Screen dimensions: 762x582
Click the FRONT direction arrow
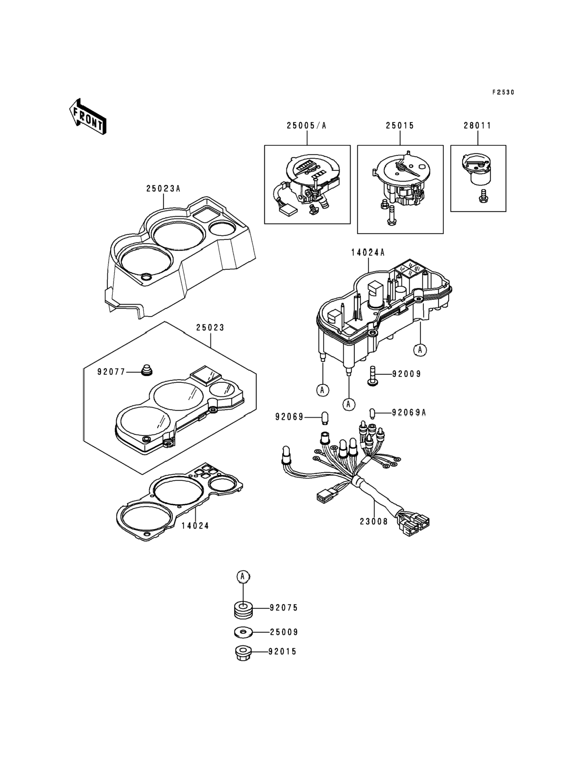pyautogui.click(x=88, y=117)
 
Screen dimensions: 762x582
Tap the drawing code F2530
pyautogui.click(x=503, y=93)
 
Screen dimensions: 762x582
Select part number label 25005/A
pyautogui.click(x=306, y=126)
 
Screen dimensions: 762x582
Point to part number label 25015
pyautogui.click(x=400, y=126)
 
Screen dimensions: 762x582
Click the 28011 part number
pyautogui.click(x=477, y=126)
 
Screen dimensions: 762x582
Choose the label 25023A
pyautogui.click(x=163, y=189)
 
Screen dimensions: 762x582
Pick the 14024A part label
pyautogui.click(x=368, y=253)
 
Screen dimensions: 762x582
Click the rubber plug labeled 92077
pyautogui.click(x=147, y=370)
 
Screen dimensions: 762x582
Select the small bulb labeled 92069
pyautogui.click(x=325, y=418)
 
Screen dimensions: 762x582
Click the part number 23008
pyautogui.click(x=374, y=531)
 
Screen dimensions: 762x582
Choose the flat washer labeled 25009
pyautogui.click(x=243, y=632)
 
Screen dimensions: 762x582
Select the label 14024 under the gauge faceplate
pyautogui.click(x=195, y=526)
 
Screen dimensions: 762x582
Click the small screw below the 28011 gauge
pyautogui.click(x=482, y=196)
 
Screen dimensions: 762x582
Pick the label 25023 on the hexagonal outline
pyautogui.click(x=210, y=328)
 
